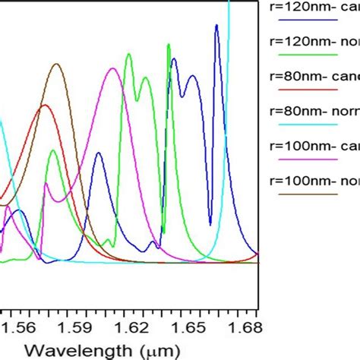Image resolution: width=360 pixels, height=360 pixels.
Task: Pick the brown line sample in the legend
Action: pyautogui.click(x=308, y=194)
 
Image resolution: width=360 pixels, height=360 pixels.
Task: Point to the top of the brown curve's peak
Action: pyautogui.click(x=56, y=64)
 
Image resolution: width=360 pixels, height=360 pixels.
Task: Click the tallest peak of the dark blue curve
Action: pyautogui.click(x=216, y=25)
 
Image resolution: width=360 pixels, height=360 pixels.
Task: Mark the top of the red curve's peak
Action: pyautogui.click(x=44, y=106)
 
